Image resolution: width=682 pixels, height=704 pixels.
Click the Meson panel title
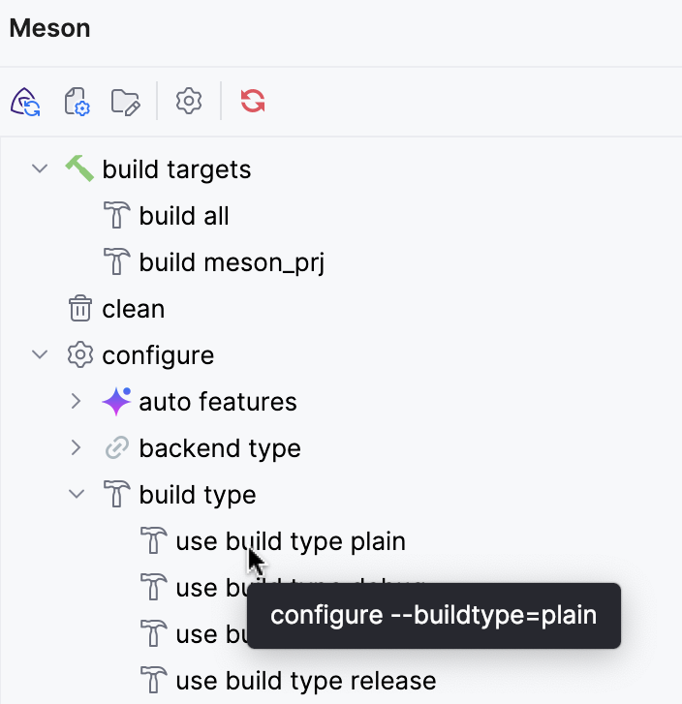click(49, 28)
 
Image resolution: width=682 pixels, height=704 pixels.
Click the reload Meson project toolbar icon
click(25, 102)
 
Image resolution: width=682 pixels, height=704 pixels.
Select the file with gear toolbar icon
click(76, 102)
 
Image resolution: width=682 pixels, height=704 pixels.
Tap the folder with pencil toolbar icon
click(126, 102)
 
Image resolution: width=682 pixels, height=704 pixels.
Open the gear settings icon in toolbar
click(188, 102)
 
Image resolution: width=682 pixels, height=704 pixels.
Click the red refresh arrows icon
click(253, 102)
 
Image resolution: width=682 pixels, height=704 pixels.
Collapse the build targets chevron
click(40, 169)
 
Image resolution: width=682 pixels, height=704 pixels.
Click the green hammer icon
click(79, 168)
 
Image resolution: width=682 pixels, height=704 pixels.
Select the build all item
click(183, 216)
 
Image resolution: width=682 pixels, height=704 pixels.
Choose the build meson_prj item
click(231, 262)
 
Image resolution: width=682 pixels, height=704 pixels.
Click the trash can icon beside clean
click(79, 309)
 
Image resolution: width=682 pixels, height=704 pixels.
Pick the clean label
click(133, 309)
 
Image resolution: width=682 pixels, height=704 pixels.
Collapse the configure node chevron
click(40, 355)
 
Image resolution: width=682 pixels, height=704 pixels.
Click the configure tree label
click(158, 355)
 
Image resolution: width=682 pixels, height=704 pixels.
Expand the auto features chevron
click(77, 402)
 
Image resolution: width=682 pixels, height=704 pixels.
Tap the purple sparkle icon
click(116, 401)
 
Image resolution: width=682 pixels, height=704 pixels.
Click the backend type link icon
click(116, 448)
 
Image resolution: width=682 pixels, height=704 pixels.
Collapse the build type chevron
click(77, 495)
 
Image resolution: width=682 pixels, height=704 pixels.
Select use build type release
click(305, 681)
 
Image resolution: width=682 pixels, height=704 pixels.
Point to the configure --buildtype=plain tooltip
click(433, 615)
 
